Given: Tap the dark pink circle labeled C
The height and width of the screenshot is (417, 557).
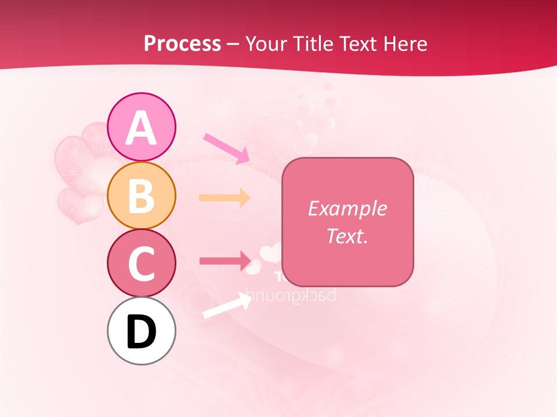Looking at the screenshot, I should (141, 262).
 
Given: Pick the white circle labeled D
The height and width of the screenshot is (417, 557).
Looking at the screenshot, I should (141, 331).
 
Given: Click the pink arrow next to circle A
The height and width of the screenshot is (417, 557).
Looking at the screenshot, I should (226, 148).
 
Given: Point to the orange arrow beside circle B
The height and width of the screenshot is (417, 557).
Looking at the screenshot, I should (225, 197).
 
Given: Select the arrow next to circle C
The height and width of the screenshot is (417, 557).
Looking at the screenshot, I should (225, 260).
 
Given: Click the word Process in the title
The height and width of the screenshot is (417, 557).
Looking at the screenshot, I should (182, 43).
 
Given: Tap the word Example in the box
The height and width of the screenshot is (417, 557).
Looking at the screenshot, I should (347, 209).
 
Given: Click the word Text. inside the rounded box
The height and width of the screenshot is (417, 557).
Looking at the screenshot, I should (347, 236).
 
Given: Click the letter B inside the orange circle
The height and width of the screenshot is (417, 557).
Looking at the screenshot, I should (141, 195).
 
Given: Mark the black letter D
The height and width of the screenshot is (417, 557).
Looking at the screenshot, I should (141, 332).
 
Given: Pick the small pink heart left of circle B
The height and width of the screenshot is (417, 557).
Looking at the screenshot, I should (78, 206).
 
